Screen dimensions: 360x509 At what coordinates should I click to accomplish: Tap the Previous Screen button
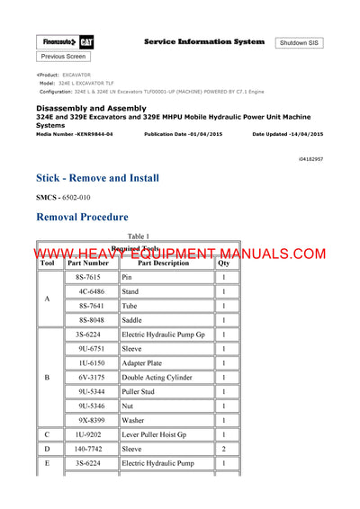[x=64, y=57]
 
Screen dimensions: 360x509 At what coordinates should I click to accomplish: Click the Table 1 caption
[x=138, y=236]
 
